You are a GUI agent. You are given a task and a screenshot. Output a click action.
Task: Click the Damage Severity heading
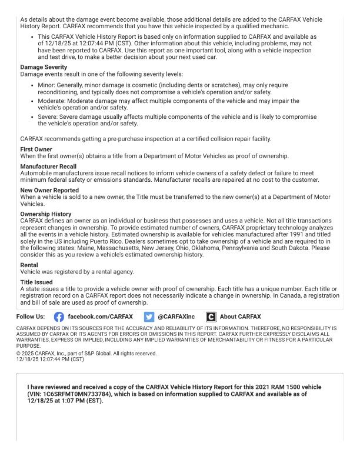42,67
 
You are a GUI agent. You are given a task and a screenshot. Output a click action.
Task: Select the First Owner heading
36,149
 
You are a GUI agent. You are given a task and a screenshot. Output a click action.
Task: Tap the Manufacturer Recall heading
49,167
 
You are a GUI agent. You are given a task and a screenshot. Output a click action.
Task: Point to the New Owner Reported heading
49,191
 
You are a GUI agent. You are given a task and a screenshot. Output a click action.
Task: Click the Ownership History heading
46,214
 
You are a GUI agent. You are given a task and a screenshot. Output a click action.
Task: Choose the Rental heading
29,265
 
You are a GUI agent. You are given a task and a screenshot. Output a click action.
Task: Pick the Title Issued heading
35,282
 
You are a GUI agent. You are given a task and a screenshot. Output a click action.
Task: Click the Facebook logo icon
59,317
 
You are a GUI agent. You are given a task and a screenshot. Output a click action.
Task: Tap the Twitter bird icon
149,317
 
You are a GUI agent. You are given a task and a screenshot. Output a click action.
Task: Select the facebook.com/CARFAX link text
101,317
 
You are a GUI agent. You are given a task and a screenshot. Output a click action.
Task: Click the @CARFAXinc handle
176,317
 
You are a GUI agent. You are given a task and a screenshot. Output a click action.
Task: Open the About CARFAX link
240,317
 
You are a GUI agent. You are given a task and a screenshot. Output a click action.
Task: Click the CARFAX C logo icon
211,317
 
